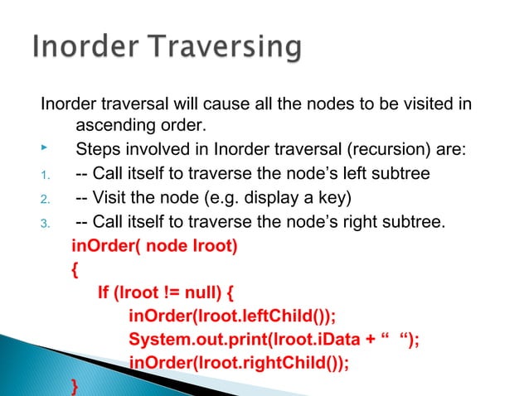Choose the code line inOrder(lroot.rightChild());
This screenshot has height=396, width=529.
(240, 363)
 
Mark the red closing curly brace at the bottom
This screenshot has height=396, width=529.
(76, 386)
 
